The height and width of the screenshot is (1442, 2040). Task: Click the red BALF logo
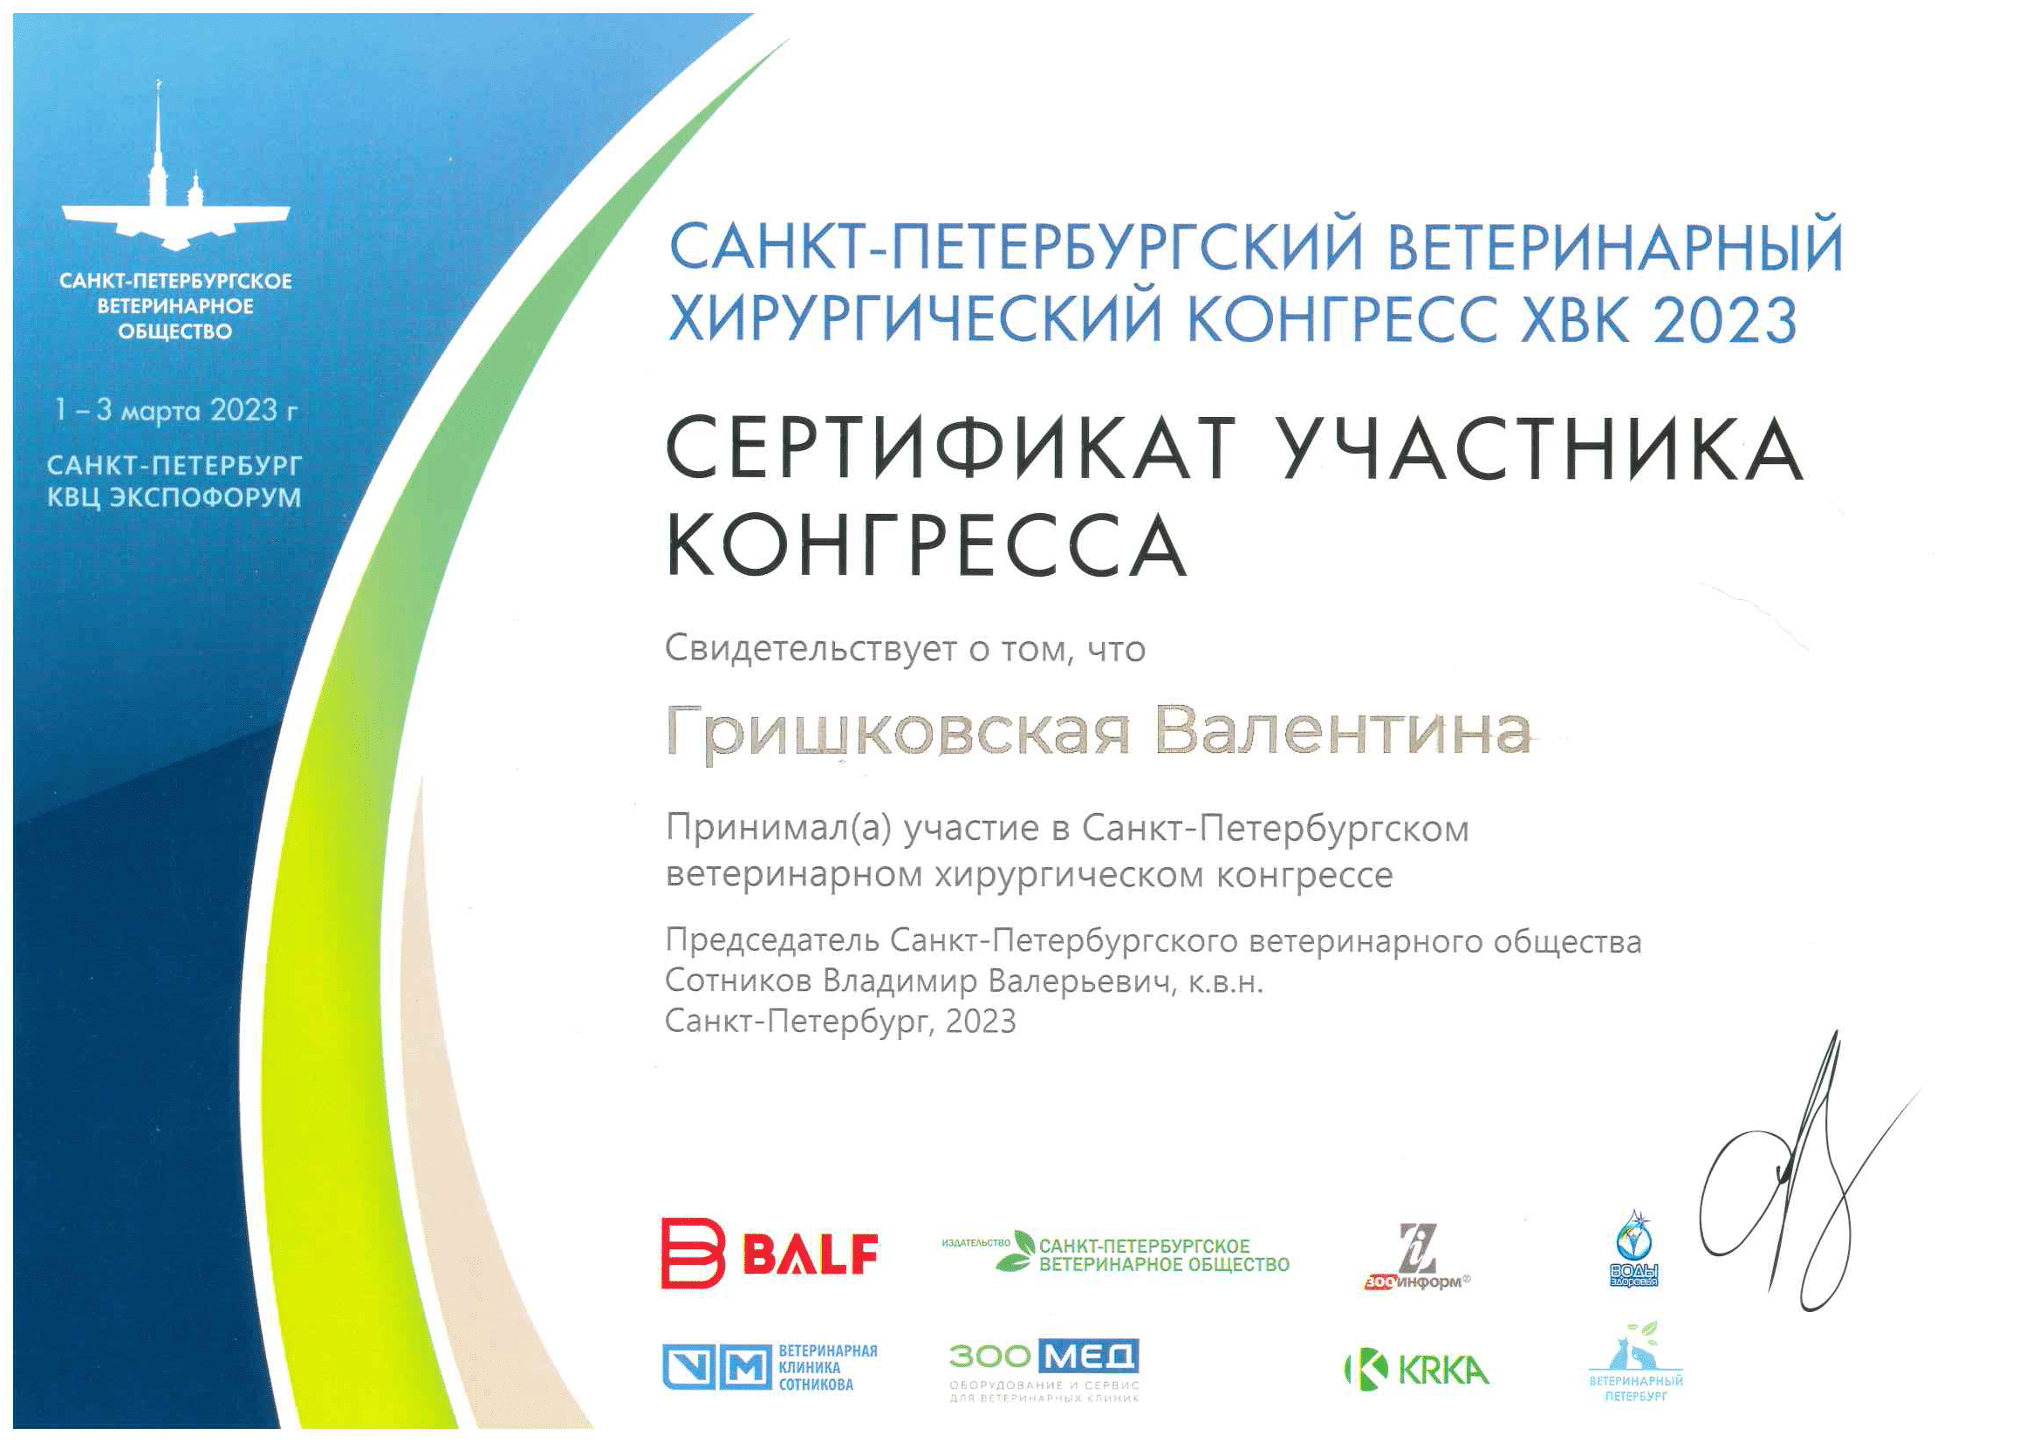click(770, 1253)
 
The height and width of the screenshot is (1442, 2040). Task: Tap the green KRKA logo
click(1417, 1370)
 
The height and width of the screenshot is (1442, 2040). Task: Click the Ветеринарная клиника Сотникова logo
click(770, 1367)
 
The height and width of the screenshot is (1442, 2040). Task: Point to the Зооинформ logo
click(1417, 1256)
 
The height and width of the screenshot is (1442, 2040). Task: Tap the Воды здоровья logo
click(1634, 1247)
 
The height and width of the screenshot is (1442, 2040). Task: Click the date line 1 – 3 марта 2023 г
click(176, 411)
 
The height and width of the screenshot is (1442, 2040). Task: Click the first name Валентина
click(1343, 730)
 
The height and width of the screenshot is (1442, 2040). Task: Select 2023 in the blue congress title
click(1726, 319)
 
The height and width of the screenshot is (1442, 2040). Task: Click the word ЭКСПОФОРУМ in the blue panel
click(205, 497)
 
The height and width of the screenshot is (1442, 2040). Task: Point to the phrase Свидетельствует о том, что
click(906, 650)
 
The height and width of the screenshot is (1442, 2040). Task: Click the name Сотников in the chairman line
click(738, 981)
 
